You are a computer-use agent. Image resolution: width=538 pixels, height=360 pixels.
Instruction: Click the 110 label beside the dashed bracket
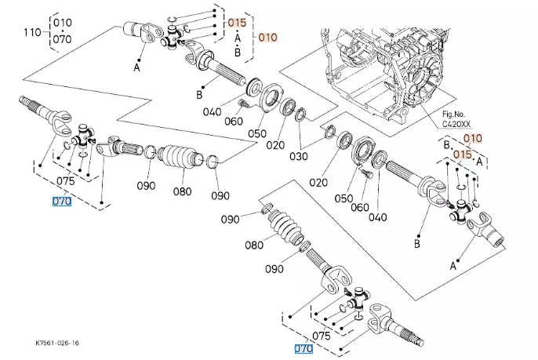[x=32, y=33]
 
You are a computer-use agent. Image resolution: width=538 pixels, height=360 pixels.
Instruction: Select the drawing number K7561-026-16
[x=57, y=343]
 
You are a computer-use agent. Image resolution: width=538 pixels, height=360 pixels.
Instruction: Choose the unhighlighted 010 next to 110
[x=62, y=22]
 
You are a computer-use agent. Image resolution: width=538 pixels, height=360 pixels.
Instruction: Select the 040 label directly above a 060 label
[x=212, y=112]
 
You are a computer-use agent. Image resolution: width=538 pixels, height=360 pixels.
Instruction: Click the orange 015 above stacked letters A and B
[x=238, y=23]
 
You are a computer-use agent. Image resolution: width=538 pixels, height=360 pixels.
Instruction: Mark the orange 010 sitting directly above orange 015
[x=472, y=139]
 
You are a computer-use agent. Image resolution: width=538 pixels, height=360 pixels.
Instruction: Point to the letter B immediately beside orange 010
[x=447, y=146]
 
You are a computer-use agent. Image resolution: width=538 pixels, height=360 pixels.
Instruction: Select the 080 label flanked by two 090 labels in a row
[x=182, y=191]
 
